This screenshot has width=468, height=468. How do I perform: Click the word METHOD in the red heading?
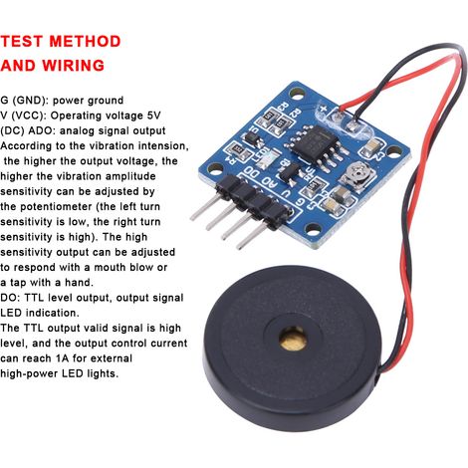85,42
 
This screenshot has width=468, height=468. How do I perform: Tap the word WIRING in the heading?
74,66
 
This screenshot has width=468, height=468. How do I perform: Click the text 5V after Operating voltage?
153,116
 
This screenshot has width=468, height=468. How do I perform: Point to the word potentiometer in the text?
57,207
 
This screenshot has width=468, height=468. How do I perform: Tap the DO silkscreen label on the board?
252,172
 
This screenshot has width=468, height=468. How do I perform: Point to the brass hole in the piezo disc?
293,338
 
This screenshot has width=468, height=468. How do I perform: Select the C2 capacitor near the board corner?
372,146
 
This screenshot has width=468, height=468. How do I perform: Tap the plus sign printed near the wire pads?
324,109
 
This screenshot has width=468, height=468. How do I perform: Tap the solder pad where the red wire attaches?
339,116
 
